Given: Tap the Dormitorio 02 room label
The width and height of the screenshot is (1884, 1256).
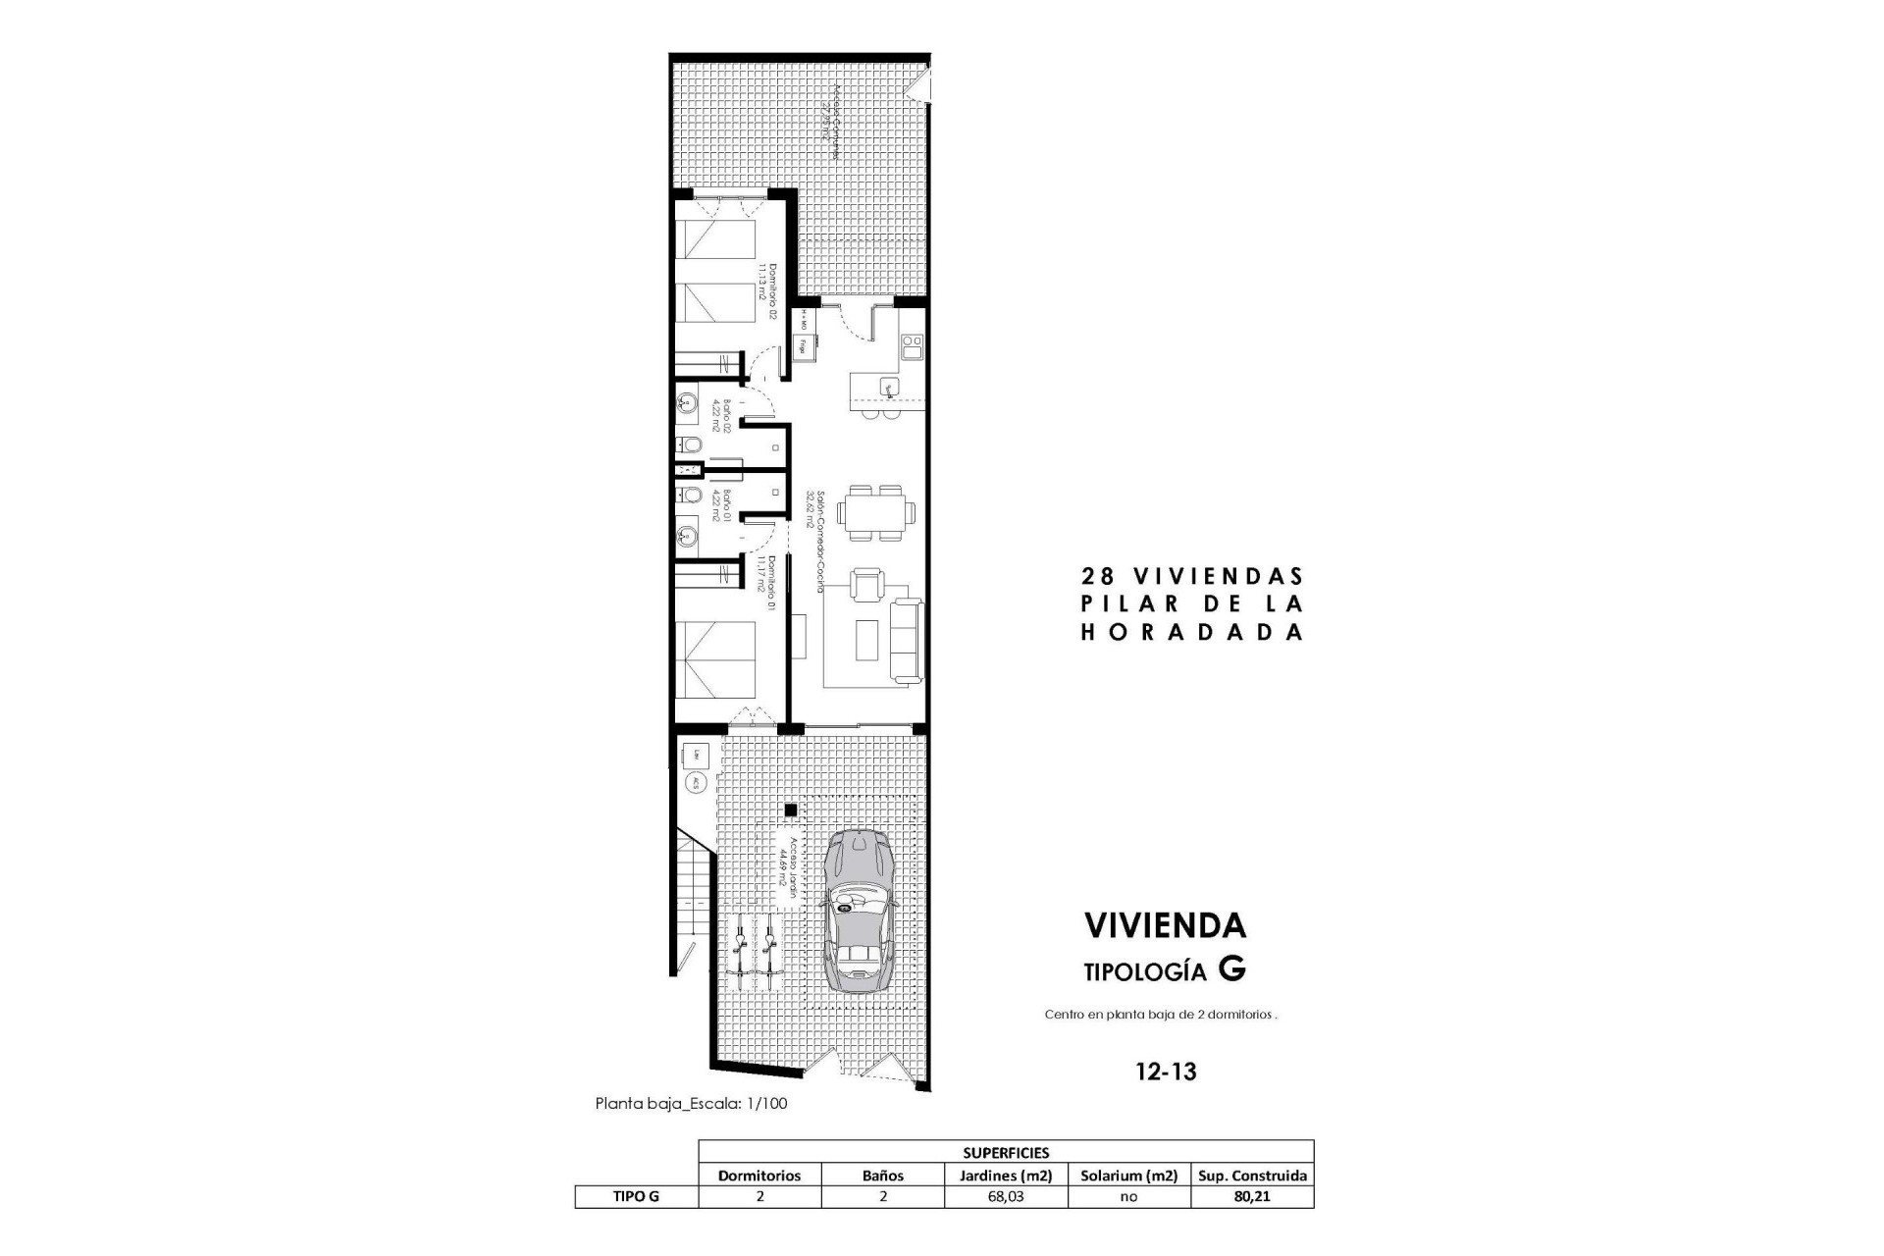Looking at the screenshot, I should [765, 292].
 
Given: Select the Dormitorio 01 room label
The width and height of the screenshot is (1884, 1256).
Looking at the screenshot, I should [765, 585].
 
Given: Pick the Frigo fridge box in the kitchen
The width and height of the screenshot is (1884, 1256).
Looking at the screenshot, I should [803, 345].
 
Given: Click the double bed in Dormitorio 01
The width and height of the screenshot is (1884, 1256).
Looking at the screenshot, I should [715, 660].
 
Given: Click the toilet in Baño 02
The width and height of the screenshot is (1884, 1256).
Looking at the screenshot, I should [690, 447].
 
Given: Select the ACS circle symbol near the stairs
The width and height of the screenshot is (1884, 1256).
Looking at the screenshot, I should [695, 782].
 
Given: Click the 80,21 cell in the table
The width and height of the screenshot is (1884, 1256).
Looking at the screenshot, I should [1252, 1196].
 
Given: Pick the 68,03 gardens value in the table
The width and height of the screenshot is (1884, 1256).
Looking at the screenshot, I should [1005, 1196].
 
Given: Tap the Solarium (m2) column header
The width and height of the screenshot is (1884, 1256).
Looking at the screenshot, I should [1128, 1175].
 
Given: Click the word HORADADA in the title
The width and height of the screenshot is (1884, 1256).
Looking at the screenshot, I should [1191, 633].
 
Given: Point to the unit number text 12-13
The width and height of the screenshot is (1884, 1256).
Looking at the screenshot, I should [1166, 1072].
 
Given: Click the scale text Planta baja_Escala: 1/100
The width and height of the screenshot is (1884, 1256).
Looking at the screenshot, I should [691, 1103].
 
